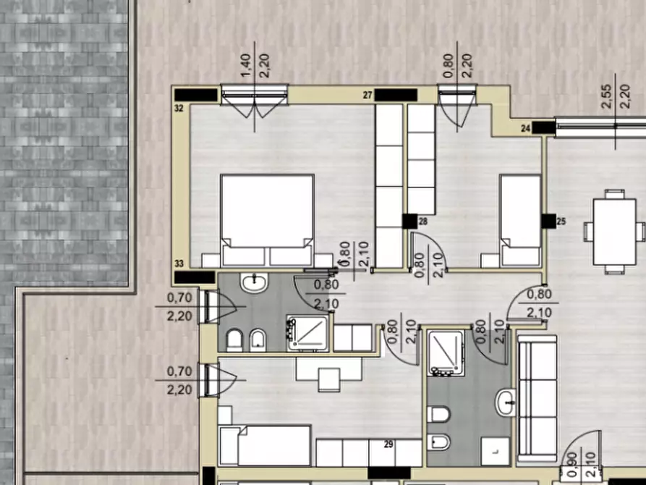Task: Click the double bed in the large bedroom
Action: click(x=268, y=220)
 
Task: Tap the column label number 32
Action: click(x=179, y=109)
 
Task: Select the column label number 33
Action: click(x=179, y=263)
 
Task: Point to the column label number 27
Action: click(x=367, y=96)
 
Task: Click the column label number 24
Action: click(x=525, y=129)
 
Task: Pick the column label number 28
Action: click(x=423, y=222)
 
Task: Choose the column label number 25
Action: click(x=561, y=222)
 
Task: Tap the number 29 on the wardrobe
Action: click(x=388, y=444)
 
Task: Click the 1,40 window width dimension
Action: click(x=245, y=66)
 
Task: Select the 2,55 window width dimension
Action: click(x=607, y=96)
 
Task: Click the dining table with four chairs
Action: click(x=614, y=232)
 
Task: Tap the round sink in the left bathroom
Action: click(x=254, y=282)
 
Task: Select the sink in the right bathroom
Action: click(x=506, y=402)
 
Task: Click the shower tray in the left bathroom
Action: click(x=308, y=333)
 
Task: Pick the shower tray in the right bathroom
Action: click(x=446, y=353)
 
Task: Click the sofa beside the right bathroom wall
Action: click(x=537, y=398)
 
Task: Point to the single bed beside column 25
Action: click(x=520, y=221)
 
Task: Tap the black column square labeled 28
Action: click(x=409, y=222)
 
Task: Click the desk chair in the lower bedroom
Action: click(x=329, y=380)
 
